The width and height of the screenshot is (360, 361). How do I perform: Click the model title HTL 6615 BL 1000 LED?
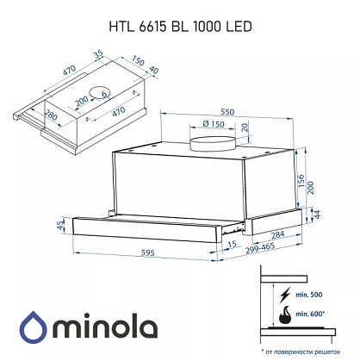click(x=180, y=27)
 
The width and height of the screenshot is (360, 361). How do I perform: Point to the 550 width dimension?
click(x=227, y=112)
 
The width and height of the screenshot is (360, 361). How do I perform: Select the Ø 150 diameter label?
click(x=213, y=124)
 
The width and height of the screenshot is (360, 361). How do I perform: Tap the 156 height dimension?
click(x=301, y=181)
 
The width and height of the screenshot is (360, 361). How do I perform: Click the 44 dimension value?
click(x=316, y=215)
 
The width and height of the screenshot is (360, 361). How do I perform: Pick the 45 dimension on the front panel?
click(x=60, y=225)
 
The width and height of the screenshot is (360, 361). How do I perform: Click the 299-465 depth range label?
click(x=260, y=248)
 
